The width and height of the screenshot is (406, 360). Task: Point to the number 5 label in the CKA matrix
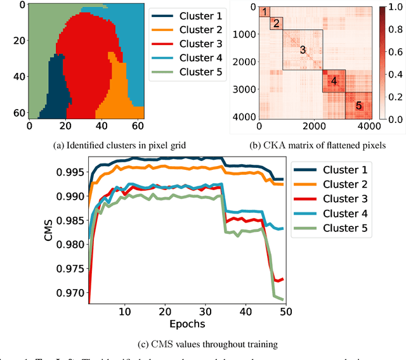click(x=358, y=106)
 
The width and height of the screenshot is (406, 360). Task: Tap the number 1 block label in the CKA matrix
click(x=265, y=11)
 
